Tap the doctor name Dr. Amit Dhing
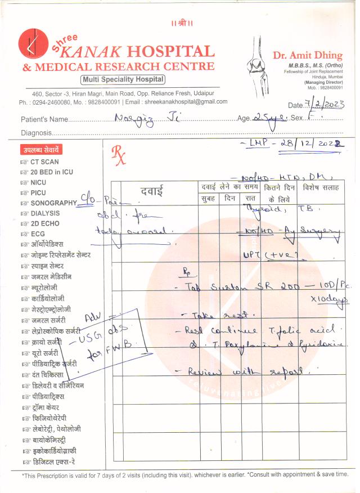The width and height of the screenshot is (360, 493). click(x=307, y=55)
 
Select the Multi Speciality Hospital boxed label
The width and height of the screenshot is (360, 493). click(x=123, y=80)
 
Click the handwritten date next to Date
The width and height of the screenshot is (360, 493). click(x=324, y=104)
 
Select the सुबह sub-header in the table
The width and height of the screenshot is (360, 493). click(x=208, y=198)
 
